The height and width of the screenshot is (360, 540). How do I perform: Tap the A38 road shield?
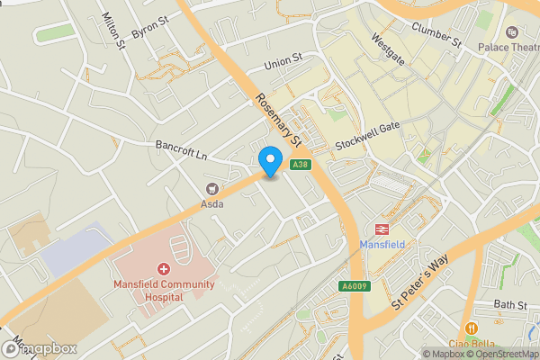pyautogui.click(x=301, y=164)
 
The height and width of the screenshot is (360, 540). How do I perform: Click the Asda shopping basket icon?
pyautogui.click(x=212, y=189)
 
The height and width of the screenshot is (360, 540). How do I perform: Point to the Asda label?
pyautogui.click(x=212, y=204)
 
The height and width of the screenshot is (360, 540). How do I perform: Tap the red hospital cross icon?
pyautogui.click(x=164, y=269)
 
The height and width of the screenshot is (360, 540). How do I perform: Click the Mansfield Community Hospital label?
pyautogui.click(x=164, y=292)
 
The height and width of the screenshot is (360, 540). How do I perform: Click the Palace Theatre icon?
pyautogui.click(x=512, y=31)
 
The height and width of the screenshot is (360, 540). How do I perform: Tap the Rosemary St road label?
pyautogui.click(x=277, y=120)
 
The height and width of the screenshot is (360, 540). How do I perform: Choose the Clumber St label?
pyautogui.click(x=436, y=32)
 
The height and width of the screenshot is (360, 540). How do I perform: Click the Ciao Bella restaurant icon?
pyautogui.click(x=471, y=328)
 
